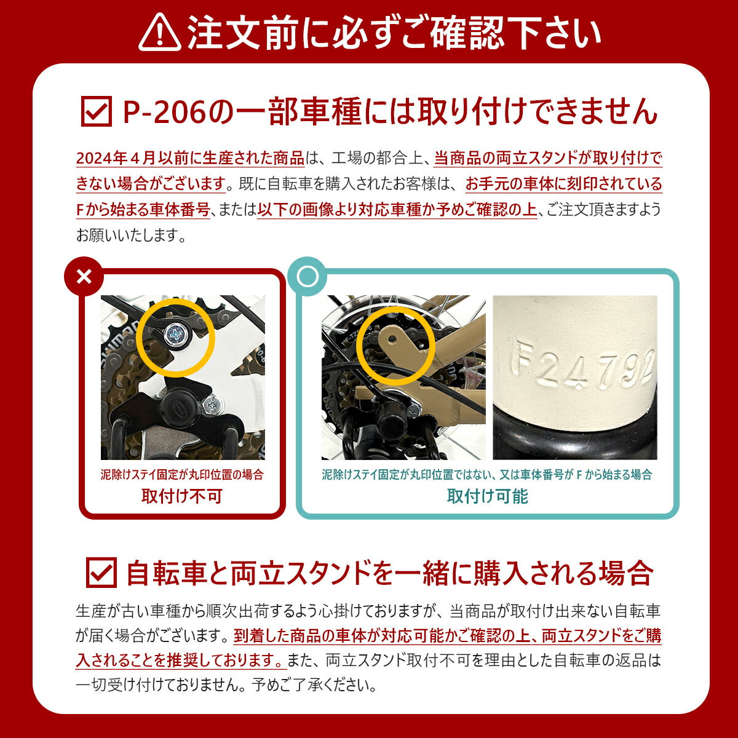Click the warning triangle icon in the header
160,32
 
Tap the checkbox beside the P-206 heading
97,111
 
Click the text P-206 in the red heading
165,112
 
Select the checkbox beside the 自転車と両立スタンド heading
101,572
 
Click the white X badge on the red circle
84,277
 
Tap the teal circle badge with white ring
307,277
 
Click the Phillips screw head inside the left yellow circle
176,335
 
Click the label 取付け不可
182,496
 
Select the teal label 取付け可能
488,496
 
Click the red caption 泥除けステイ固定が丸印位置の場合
182,475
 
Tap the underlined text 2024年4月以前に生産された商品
190,158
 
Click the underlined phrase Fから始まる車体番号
143,210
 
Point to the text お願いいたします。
131,235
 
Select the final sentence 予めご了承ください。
314,685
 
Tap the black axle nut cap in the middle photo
391,419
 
